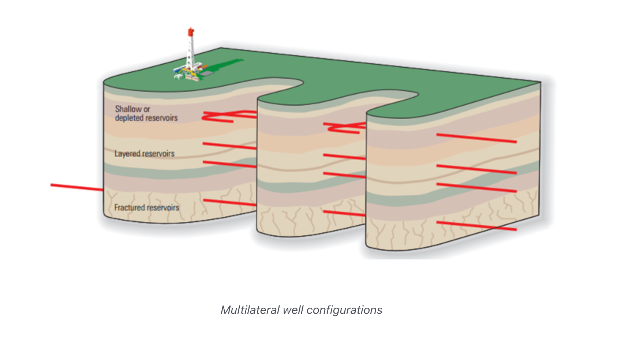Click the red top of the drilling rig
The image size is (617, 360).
(191, 32)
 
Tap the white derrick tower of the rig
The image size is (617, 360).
(190, 51)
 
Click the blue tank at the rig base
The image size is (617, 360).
(178, 70)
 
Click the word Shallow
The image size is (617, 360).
(128, 109)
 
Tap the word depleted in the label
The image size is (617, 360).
(129, 118)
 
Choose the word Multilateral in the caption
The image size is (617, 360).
(250, 310)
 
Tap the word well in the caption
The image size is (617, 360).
(293, 310)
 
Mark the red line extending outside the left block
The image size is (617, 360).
(76, 187)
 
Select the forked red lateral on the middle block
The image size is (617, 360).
(344, 127)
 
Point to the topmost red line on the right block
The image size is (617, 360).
(476, 138)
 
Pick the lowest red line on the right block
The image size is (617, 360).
(476, 226)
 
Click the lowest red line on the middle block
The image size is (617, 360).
(344, 213)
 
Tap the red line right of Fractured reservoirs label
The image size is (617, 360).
(229, 202)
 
